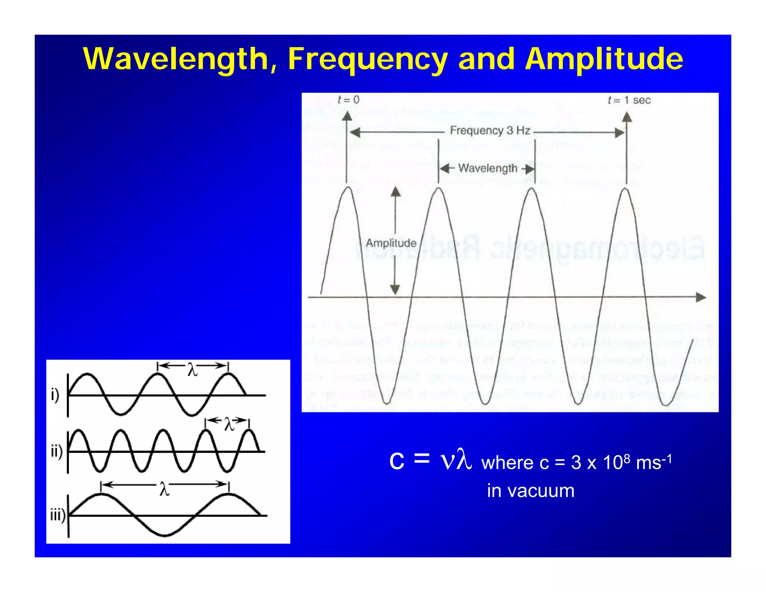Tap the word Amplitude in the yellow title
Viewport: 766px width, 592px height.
[604, 59]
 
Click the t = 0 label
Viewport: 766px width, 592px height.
[348, 100]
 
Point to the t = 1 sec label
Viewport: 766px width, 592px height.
[629, 100]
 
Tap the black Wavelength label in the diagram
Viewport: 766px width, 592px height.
[487, 168]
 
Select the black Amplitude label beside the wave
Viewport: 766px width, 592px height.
[391, 243]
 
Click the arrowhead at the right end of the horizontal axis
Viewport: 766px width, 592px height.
[701, 297]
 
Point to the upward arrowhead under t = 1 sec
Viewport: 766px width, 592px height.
[627, 117]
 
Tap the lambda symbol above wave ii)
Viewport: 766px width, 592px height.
[229, 424]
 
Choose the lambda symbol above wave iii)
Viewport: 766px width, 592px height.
[164, 489]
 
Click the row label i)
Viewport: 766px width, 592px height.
[55, 395]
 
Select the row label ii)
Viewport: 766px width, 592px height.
[56, 451]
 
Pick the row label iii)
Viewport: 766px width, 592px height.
[58, 515]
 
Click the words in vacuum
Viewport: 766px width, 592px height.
[530, 491]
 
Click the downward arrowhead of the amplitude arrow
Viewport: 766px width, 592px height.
[395, 289]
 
